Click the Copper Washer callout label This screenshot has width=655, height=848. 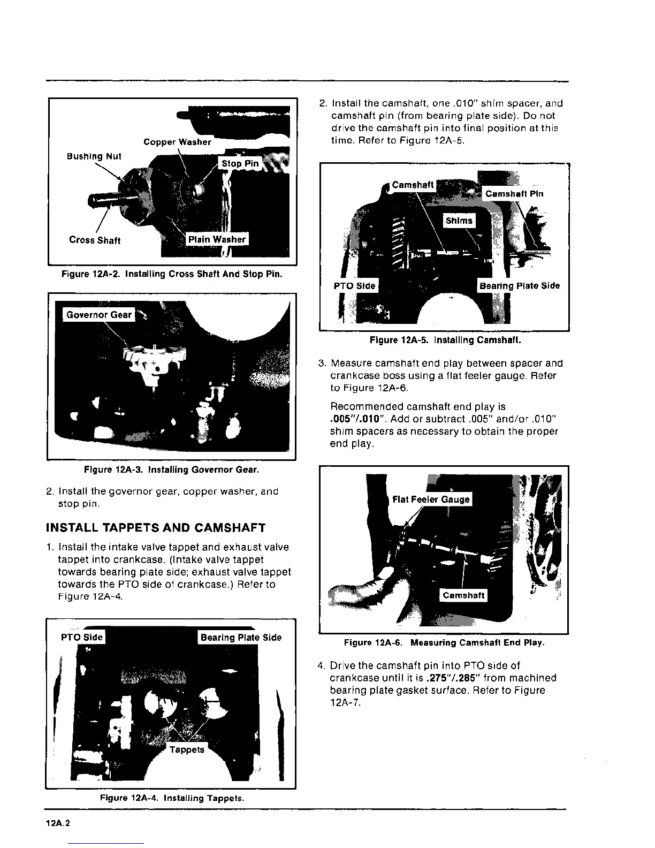click(177, 142)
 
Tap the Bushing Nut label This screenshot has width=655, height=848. click(94, 156)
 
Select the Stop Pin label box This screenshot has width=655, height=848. click(240, 163)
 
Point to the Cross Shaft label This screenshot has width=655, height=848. click(95, 240)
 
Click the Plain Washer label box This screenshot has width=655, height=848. click(217, 239)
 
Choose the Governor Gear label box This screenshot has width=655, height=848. click(99, 315)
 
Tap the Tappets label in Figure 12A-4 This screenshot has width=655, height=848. click(187, 749)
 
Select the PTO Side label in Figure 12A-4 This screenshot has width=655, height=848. click(82, 637)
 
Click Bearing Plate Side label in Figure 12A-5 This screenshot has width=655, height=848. click(519, 285)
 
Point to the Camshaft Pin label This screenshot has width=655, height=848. click(514, 194)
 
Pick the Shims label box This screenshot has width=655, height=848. click(459, 221)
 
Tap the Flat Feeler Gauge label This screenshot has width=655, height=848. click(431, 499)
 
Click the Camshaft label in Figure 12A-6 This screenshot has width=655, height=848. click(463, 595)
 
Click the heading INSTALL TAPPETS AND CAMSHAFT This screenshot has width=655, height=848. click(156, 528)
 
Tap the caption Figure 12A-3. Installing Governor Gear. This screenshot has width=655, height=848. click(171, 470)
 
